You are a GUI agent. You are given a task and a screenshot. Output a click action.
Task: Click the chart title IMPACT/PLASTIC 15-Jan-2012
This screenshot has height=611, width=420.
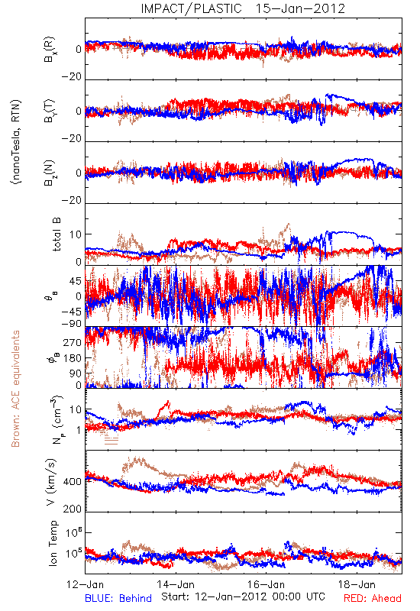click(x=243, y=8)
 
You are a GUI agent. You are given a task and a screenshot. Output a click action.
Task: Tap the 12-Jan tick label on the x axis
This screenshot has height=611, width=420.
click(x=86, y=584)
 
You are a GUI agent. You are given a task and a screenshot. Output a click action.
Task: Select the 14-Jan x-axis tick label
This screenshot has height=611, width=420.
click(x=176, y=584)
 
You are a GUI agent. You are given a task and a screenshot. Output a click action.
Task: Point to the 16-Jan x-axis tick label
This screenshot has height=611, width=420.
click(x=267, y=584)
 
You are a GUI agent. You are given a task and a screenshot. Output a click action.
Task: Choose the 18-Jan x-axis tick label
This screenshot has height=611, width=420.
click(x=357, y=584)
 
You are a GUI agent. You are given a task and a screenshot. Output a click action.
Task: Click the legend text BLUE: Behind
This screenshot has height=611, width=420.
click(x=118, y=598)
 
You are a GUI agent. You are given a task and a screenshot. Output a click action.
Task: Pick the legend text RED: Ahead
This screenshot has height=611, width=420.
click(x=373, y=598)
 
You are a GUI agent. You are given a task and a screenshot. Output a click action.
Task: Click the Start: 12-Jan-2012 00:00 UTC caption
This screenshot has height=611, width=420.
click(x=243, y=596)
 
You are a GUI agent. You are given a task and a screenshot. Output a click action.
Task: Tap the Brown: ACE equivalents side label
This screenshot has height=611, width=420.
click(x=15, y=389)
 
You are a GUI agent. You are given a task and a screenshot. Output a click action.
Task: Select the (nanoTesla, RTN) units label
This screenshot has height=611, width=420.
click(x=17, y=142)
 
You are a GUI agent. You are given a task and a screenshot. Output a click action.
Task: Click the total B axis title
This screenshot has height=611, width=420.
click(x=56, y=234)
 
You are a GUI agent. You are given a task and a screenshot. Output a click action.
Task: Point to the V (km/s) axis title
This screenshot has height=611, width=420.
click(x=51, y=482)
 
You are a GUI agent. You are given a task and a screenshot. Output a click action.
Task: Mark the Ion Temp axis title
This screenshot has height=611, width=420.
click(x=53, y=543)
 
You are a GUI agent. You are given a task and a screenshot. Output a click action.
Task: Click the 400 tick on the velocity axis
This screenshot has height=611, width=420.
click(x=73, y=482)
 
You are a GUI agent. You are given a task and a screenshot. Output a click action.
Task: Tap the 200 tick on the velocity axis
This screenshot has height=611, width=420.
click(x=73, y=509)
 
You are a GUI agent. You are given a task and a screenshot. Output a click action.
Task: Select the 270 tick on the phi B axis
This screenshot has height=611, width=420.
click(x=73, y=342)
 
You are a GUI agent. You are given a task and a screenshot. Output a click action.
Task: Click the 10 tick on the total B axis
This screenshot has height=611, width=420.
click(x=76, y=234)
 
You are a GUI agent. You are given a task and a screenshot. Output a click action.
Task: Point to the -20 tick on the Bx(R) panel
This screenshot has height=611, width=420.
click(x=72, y=77)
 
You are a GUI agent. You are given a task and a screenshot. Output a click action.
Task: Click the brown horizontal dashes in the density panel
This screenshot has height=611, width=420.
click(x=111, y=441)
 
